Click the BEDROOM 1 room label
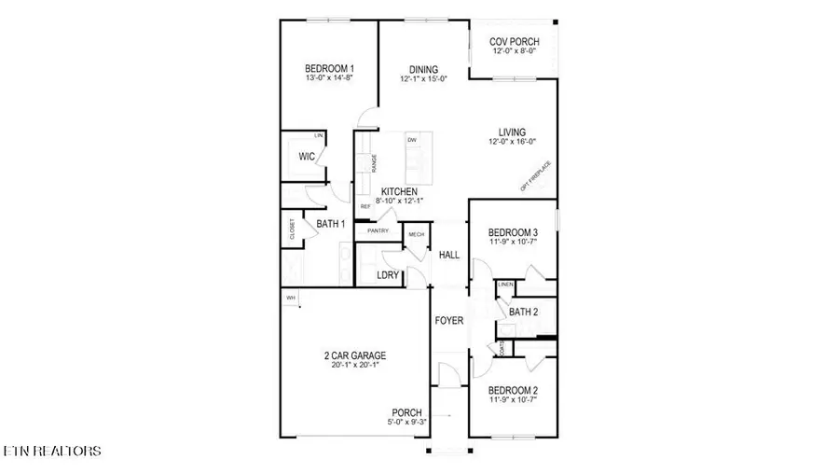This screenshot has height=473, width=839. (329, 68)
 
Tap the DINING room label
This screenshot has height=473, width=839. (424, 68)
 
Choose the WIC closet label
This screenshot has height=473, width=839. (306, 157)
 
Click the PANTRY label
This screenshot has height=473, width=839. (378, 230)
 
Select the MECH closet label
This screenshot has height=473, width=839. (416, 235)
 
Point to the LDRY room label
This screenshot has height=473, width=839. (388, 275)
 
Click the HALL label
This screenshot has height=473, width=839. (449, 254)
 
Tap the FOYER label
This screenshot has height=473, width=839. (449, 321)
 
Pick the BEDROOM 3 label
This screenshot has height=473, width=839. (514, 232)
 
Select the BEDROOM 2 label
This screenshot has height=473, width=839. (514, 391)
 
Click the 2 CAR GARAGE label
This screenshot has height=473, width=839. (354, 355)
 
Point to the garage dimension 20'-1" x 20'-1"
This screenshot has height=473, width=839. (354, 366)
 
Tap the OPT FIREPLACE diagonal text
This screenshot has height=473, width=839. (536, 176)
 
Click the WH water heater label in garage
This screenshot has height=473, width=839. (291, 298)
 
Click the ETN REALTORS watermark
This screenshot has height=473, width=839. (52, 452)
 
